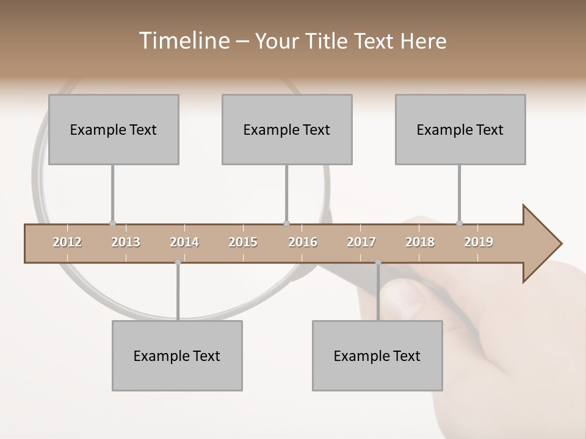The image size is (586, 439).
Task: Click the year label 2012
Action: pyautogui.click(x=67, y=242)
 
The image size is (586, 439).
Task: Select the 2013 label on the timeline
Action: pyautogui.click(x=126, y=242)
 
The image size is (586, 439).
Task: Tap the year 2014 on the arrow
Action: pyautogui.click(x=184, y=242)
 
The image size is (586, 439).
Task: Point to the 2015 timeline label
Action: pyautogui.click(x=243, y=242)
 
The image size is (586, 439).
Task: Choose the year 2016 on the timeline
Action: pyautogui.click(x=303, y=242)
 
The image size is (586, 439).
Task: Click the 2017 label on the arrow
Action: pyautogui.click(x=361, y=242)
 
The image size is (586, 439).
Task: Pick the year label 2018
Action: pyautogui.click(x=420, y=242)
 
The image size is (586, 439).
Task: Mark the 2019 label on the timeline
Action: pyautogui.click(x=479, y=242)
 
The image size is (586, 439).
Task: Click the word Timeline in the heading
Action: pyautogui.click(x=183, y=41)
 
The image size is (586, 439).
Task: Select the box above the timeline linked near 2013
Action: pyautogui.click(x=114, y=129)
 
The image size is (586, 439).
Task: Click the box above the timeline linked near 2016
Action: pyautogui.click(x=287, y=129)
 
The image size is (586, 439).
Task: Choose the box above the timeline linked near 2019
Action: pyautogui.click(x=460, y=129)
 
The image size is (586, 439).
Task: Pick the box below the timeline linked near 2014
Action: pyautogui.click(x=177, y=355)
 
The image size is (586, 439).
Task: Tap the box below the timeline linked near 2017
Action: pyautogui.click(x=377, y=355)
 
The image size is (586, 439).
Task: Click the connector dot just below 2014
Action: pyautogui.click(x=178, y=262)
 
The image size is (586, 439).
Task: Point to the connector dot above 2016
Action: pyautogui.click(x=287, y=224)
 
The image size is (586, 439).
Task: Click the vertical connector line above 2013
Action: pyautogui.click(x=113, y=192)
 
